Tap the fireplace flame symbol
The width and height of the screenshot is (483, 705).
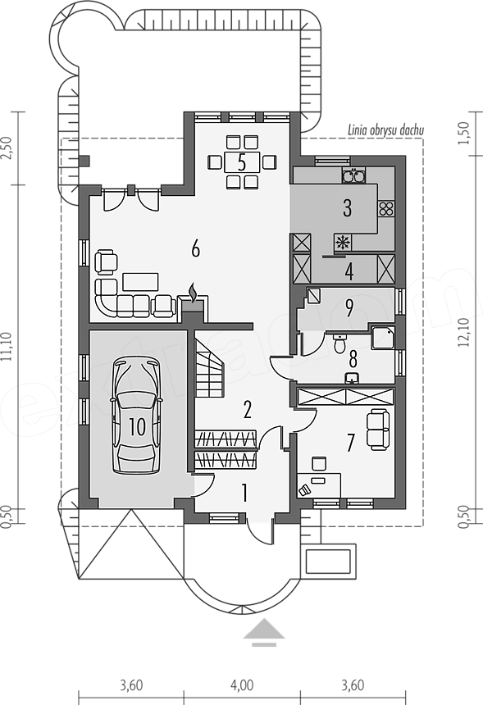pyautogui.click(x=193, y=293)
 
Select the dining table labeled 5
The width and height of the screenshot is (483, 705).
pyautogui.click(x=242, y=162)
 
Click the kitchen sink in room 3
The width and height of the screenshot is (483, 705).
pyautogui.click(x=353, y=175)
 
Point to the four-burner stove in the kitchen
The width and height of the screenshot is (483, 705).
pyautogui.click(x=386, y=209)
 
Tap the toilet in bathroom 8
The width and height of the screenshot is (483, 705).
pyautogui.click(x=339, y=343)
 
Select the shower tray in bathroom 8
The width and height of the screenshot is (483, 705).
pyautogui.click(x=383, y=338)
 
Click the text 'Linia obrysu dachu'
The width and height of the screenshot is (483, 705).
pyautogui.click(x=386, y=131)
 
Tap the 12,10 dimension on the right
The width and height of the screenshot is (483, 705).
pyautogui.click(x=464, y=333)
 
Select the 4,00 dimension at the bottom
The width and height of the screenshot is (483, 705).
pyautogui.click(x=242, y=685)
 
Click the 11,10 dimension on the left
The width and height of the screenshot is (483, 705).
pyautogui.click(x=7, y=347)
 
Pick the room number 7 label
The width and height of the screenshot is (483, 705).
pyautogui.click(x=351, y=443)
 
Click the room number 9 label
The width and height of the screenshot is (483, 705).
pyautogui.click(x=349, y=308)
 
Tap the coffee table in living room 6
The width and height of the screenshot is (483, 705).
pyautogui.click(x=140, y=282)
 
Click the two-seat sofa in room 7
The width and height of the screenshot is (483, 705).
pyautogui.click(x=378, y=429)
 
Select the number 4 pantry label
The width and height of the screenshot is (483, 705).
pyautogui.click(x=349, y=271)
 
